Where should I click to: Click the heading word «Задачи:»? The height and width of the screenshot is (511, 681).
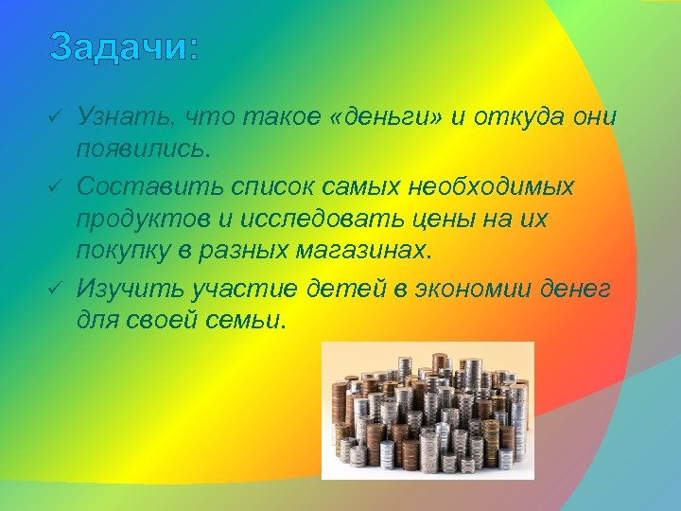pos(124,46)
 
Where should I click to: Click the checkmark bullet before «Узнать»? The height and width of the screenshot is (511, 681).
pos(55,116)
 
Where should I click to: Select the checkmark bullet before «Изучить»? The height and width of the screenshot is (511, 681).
pos(55,287)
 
